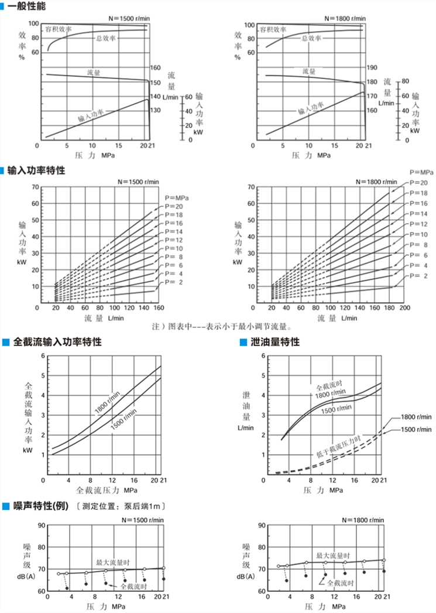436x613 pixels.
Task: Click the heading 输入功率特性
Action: pos(36,170)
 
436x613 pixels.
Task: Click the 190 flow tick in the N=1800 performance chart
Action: pos(372,68)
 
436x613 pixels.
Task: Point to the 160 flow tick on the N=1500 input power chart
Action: pos(158,307)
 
